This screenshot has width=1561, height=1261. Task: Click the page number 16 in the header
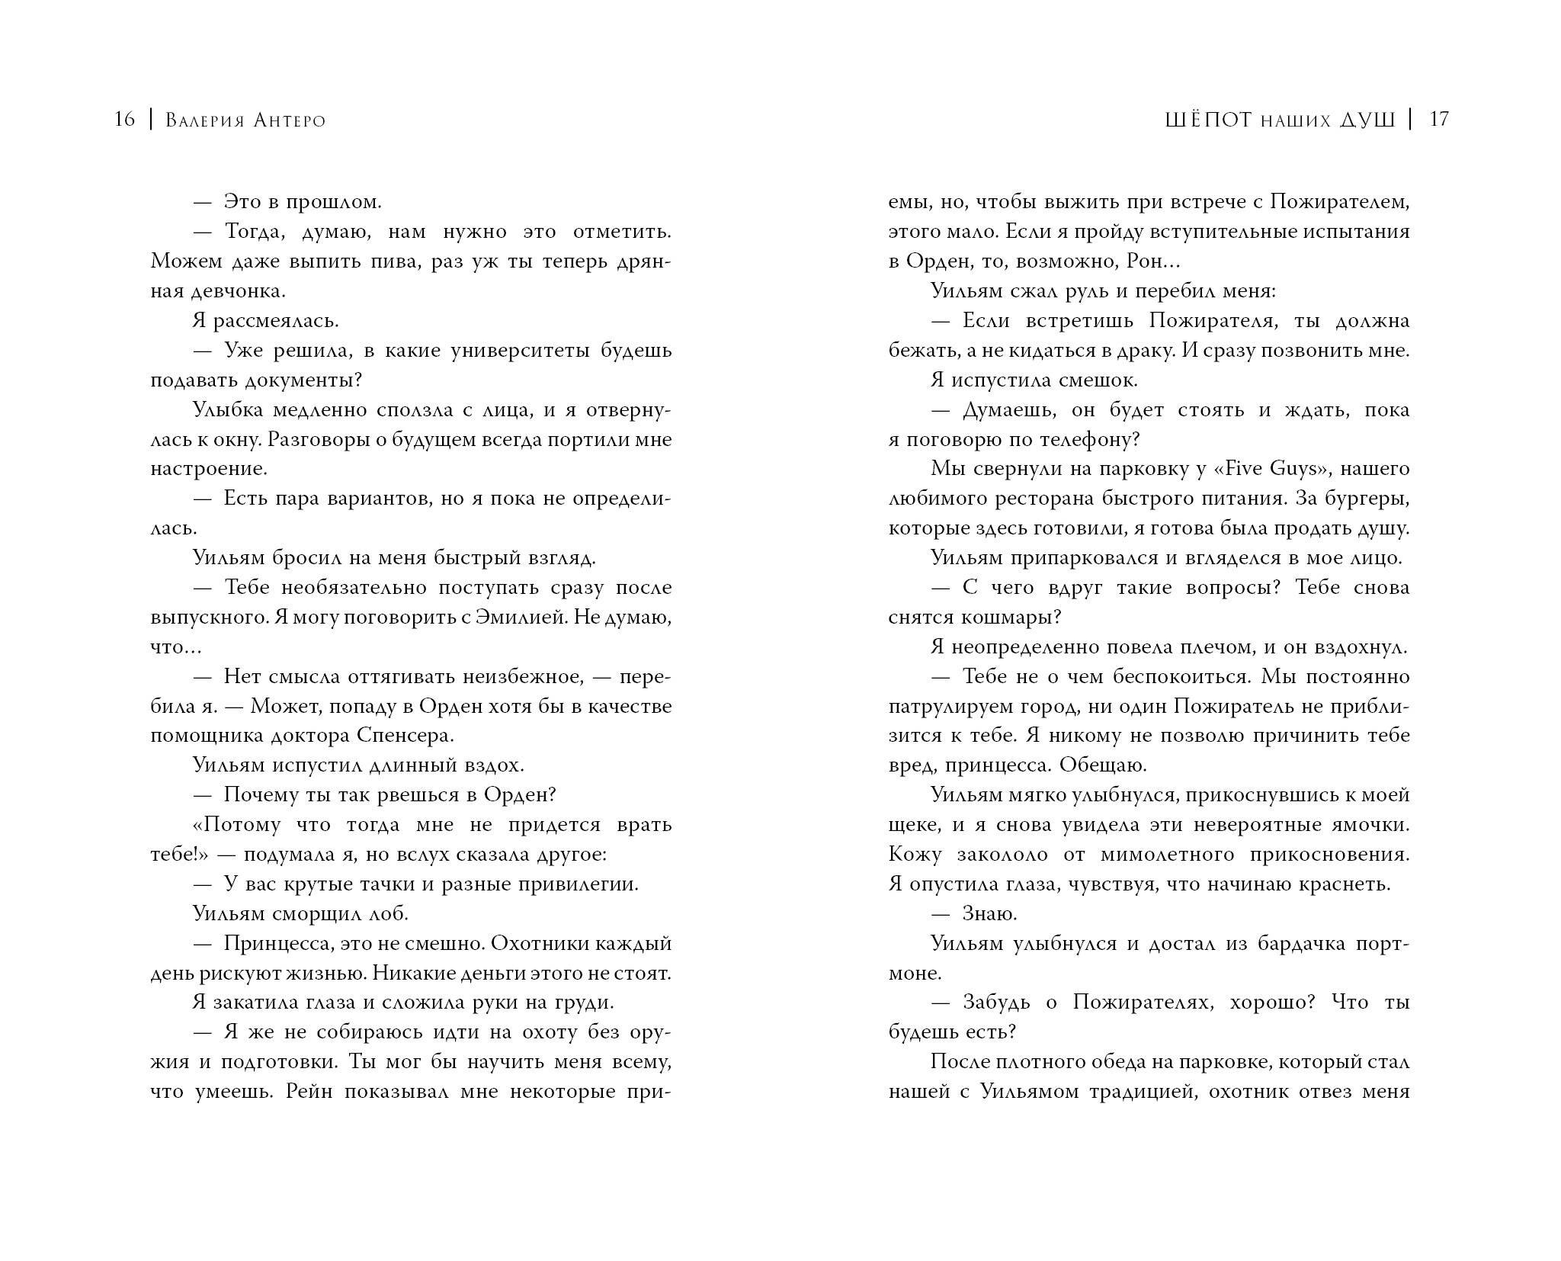pyautogui.click(x=124, y=120)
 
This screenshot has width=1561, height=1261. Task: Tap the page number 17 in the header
pyautogui.click(x=1439, y=120)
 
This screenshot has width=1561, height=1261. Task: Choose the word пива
pyautogui.click(x=395, y=261)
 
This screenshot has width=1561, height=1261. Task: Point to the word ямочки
pyautogui.click(x=1367, y=824)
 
